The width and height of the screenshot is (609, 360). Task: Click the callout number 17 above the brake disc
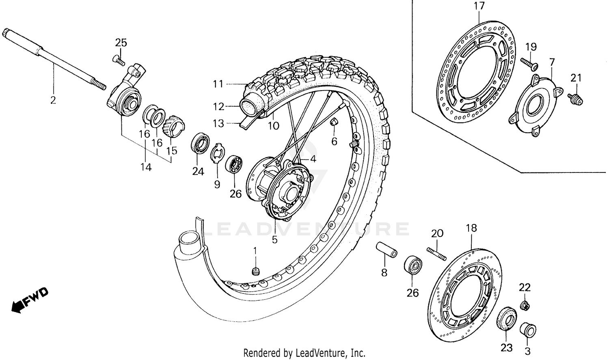pos(479,6)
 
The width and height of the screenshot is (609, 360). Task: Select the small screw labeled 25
pos(118,60)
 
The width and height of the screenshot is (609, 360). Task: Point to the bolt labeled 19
pos(529,63)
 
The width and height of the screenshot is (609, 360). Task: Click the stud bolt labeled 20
pos(436,254)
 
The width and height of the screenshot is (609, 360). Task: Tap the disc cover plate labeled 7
pos(533,103)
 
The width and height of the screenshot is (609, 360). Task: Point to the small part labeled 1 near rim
pos(255,271)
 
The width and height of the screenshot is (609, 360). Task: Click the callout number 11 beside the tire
pos(218,84)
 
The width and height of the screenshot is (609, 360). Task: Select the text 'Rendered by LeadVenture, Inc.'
pos(304,352)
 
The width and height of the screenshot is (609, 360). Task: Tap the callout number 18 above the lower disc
pos(471,228)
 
